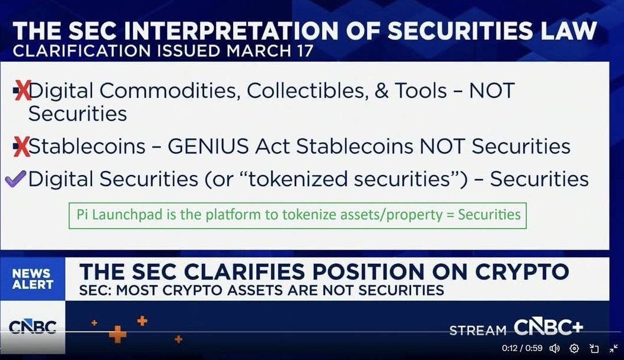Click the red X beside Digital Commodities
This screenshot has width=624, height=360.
23,91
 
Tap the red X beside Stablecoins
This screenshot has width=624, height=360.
21,146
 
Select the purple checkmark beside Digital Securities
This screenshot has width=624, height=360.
15,179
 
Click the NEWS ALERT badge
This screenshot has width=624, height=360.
33,279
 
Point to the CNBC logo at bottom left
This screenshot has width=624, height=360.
33,327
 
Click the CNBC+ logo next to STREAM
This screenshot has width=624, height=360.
549,327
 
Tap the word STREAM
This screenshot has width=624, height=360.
478,330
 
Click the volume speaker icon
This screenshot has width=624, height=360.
555,349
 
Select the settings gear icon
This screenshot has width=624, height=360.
574,349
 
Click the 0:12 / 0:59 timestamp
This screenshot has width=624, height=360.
522,348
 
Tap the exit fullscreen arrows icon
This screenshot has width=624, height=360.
613,349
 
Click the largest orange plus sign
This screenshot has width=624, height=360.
117,334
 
